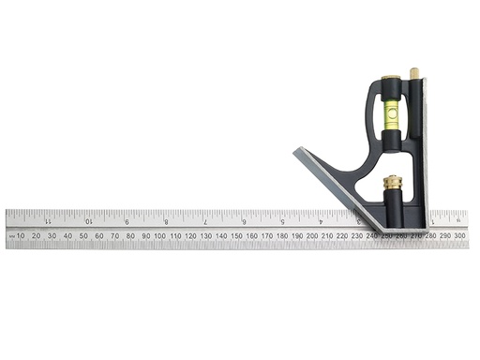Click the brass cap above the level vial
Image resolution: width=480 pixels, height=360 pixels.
click(387, 85)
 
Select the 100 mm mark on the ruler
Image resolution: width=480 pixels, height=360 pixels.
click(159, 235)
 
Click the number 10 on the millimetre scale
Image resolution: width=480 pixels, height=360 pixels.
click(22, 235)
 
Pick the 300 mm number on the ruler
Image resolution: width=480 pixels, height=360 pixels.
click(459, 235)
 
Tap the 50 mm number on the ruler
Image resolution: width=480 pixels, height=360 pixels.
click(83, 235)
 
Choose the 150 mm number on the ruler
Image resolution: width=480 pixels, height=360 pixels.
click(235, 235)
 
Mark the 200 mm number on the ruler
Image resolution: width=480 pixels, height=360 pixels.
click(311, 235)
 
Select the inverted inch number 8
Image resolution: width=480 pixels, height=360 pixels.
click(166, 221)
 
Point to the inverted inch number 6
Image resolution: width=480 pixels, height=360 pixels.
click(244, 221)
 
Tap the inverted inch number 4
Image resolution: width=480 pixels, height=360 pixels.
click(321, 221)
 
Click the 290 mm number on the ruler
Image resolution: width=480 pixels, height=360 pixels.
click(444, 235)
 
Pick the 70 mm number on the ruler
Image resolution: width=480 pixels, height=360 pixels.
click(113, 235)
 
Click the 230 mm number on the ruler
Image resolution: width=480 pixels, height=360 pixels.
click(357, 235)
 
